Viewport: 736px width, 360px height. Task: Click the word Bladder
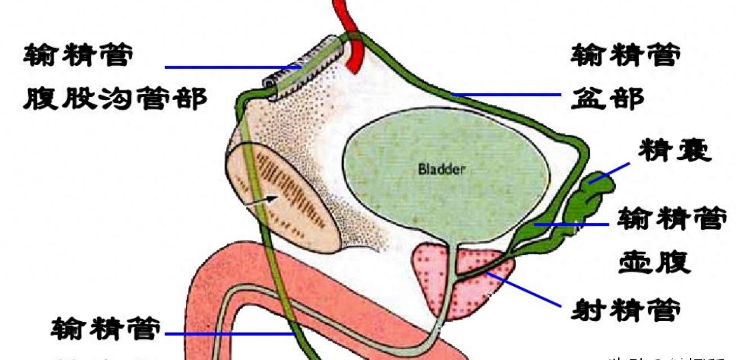tap(442, 169)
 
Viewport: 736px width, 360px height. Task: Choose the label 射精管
tap(631, 308)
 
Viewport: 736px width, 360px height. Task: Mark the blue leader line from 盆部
tap(506, 95)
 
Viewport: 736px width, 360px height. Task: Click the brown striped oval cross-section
tap(281, 197)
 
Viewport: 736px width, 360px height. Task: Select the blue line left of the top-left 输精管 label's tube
tap(231, 67)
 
